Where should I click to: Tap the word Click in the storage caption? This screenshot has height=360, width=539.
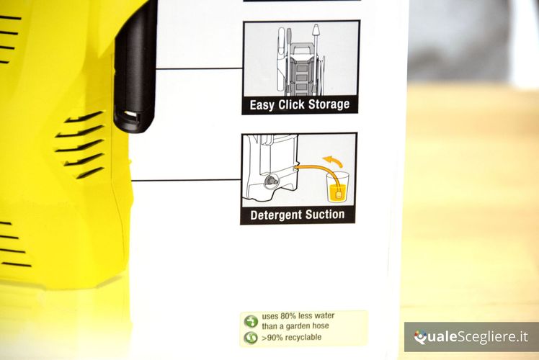(x=291, y=104)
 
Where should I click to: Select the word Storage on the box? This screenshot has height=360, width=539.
(x=329, y=104)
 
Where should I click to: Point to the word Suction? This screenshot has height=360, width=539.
(x=325, y=215)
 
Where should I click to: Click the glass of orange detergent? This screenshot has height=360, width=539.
(x=337, y=187)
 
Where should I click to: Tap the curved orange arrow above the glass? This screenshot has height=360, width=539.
(x=333, y=161)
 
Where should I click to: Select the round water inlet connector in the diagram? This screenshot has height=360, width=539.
(x=271, y=181)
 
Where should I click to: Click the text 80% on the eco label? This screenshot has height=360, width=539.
(x=288, y=315)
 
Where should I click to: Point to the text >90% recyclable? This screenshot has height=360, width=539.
(x=292, y=338)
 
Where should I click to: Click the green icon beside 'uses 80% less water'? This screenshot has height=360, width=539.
(x=251, y=322)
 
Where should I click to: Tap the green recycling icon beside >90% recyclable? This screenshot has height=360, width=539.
(x=251, y=338)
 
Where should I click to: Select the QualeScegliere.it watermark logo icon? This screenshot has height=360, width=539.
(x=420, y=337)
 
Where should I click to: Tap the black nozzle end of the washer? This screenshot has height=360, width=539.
(x=133, y=120)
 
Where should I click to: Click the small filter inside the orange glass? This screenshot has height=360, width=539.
(x=339, y=195)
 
